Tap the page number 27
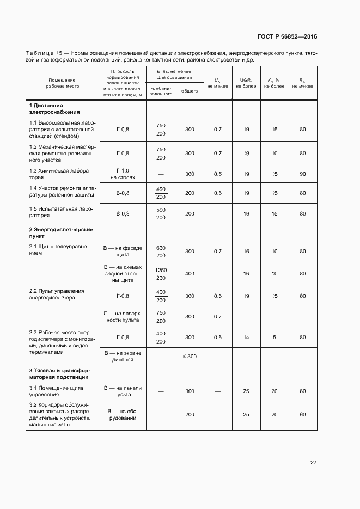tap(313, 463)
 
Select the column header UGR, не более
tap(246, 83)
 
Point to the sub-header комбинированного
tap(161, 91)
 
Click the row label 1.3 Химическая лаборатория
tap(60, 174)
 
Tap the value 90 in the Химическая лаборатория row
tap(302, 174)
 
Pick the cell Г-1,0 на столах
tap(123, 174)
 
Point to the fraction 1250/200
tap(161, 274)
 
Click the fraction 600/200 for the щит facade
tap(161, 252)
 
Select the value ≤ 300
tap(189, 356)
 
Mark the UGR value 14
tap(246, 338)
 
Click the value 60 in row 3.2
tap(302, 415)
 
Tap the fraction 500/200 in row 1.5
tap(161, 214)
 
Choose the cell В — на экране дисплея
tap(123, 356)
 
